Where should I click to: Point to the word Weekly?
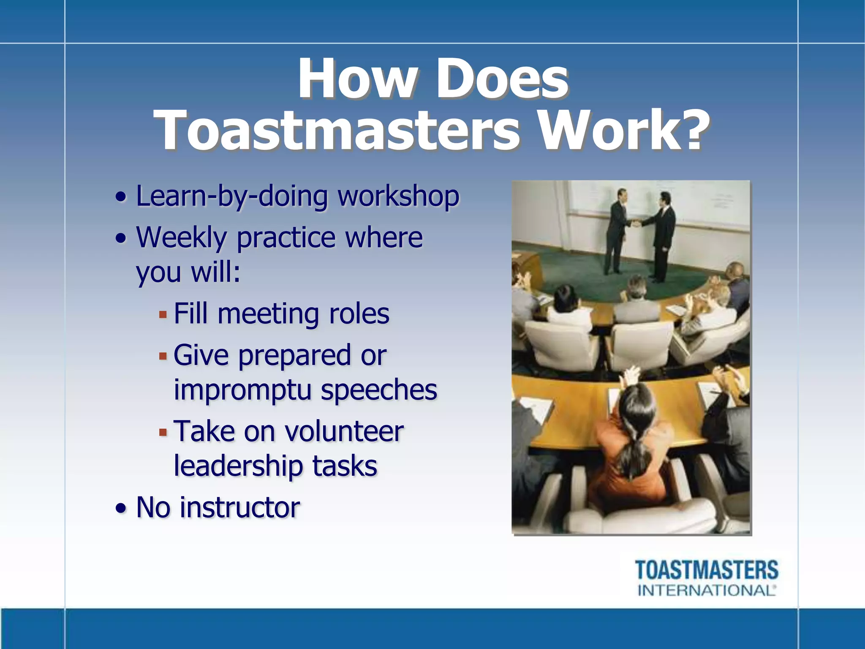[x=182, y=238]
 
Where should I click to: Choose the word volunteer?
[x=344, y=431]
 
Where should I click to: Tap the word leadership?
[x=238, y=466]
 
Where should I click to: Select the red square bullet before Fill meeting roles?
[x=163, y=315]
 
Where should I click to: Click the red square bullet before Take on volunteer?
[x=163, y=432]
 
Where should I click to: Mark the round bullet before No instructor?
[x=121, y=508]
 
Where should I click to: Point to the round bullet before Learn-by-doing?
[x=121, y=197]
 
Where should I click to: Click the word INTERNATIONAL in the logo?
[x=706, y=590]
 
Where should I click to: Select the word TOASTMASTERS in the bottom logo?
[x=707, y=570]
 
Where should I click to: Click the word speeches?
[x=379, y=390]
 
